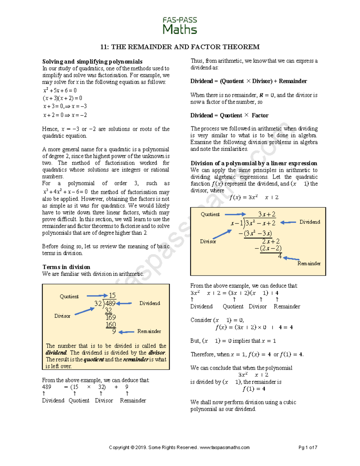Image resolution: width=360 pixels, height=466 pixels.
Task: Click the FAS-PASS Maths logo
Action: pyautogui.click(x=180, y=26)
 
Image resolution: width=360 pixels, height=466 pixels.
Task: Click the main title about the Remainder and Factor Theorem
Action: pyautogui.click(x=180, y=47)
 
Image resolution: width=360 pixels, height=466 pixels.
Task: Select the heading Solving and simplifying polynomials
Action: pyautogui.click(x=92, y=62)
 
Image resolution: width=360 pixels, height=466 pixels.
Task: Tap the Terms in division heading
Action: pyautogui.click(x=66, y=267)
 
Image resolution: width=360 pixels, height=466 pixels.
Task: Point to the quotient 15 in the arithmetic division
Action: pyautogui.click(x=112, y=295)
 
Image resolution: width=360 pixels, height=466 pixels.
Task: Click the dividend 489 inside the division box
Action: pyautogui.click(x=110, y=303)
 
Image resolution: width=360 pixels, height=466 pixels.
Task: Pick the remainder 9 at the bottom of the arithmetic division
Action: pyautogui.click(x=114, y=331)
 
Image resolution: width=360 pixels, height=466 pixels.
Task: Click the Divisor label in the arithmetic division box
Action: pyautogui.click(x=62, y=316)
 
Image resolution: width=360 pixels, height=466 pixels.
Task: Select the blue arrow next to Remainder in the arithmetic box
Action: pyautogui.click(x=126, y=332)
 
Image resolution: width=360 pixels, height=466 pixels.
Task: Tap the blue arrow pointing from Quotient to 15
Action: pyautogui.click(x=97, y=296)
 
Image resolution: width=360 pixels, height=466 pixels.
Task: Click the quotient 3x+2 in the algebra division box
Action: pyautogui.click(x=267, y=214)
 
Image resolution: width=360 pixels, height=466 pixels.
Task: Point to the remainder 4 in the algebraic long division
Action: pyautogui.click(x=280, y=256)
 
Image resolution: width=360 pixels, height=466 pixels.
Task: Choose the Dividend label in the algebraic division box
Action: pyautogui.click(x=310, y=222)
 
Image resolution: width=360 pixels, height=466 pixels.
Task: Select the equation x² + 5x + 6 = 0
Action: pyautogui.click(x=60, y=90)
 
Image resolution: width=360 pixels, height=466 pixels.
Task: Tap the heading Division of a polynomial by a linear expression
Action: pyautogui.click(x=254, y=163)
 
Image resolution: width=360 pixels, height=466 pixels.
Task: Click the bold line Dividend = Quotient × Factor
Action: pyautogui.click(x=229, y=115)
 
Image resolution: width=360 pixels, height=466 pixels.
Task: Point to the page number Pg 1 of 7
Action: pyautogui.click(x=308, y=447)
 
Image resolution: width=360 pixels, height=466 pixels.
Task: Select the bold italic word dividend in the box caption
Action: pyautogui.click(x=56, y=353)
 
